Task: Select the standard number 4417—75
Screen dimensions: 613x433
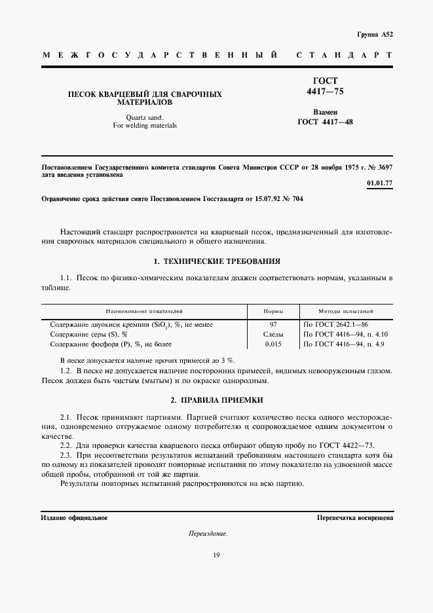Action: coord(325,92)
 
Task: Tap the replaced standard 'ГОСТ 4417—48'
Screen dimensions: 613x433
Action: coord(325,121)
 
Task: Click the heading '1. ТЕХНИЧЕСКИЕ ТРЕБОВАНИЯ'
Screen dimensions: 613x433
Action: coord(216,261)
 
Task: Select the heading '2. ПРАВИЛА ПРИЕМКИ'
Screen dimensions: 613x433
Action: coord(216,399)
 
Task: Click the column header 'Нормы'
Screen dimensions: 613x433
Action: coord(273,312)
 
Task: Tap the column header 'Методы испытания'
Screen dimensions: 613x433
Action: coord(346,312)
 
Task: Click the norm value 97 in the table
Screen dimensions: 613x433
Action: coord(273,324)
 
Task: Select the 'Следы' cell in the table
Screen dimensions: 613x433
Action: coord(273,334)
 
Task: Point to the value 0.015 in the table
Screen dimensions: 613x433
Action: coord(273,344)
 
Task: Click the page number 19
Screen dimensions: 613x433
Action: coord(216,555)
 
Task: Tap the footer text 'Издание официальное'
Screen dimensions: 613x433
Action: coord(74,517)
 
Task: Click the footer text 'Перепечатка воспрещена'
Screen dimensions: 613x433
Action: coord(354,517)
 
